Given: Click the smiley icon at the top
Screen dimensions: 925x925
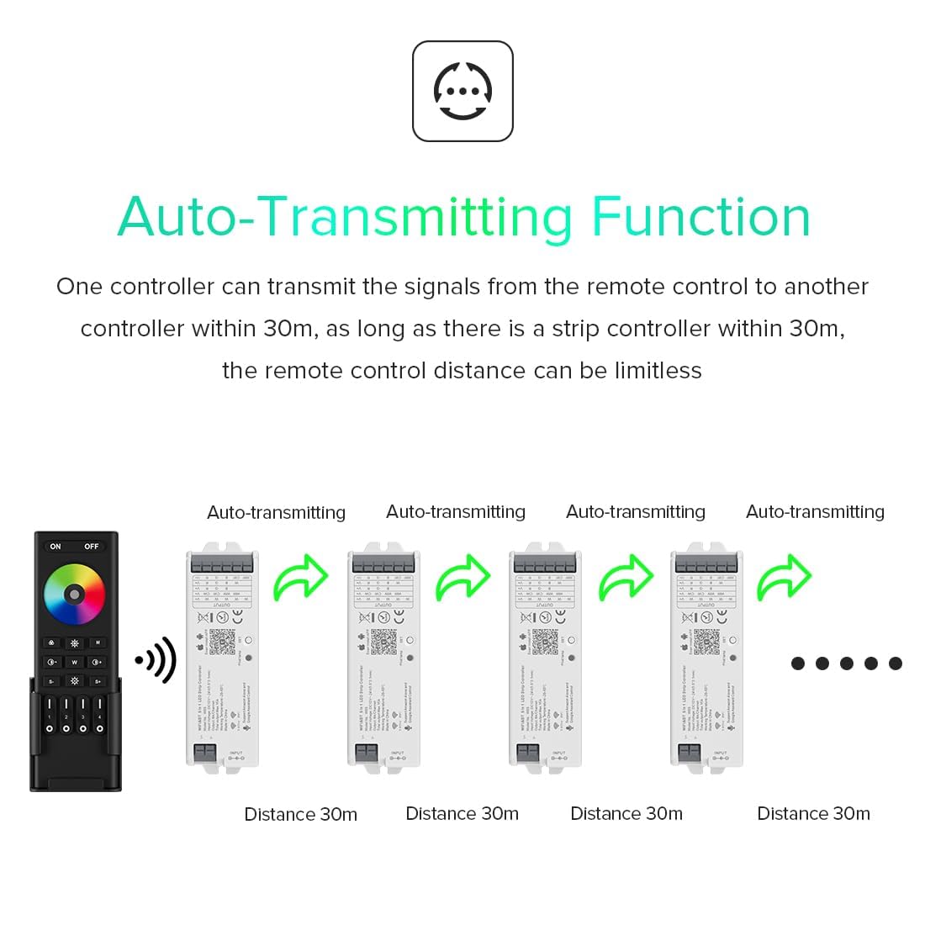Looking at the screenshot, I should [462, 91].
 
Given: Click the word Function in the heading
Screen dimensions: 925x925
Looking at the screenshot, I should [700, 217].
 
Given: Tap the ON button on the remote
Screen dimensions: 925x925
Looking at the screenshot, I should [55, 547].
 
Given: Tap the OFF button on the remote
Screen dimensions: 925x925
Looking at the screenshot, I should [91, 547].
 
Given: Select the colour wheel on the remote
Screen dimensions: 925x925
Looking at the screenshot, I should [74, 594].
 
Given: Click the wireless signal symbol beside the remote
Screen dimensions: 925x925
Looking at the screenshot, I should [156, 660].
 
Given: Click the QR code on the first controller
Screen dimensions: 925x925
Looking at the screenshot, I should [222, 641].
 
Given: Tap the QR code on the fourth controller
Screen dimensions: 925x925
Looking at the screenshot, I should [706, 641].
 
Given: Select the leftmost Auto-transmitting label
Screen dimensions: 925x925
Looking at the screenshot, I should [276, 512].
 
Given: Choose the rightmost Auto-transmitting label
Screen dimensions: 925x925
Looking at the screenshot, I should [815, 511].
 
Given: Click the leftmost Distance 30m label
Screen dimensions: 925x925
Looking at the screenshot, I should [300, 814].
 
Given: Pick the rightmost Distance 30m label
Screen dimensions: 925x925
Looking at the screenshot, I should [813, 813].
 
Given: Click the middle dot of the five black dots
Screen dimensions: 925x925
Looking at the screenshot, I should [846, 663].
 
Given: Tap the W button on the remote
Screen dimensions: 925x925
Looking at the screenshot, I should [74, 662].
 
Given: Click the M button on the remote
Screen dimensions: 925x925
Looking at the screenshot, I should [98, 642].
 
